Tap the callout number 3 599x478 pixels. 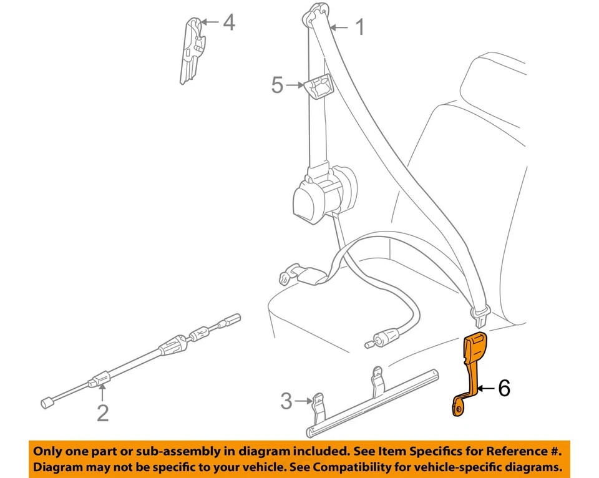coord(286,401)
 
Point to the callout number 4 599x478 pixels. coord(229,23)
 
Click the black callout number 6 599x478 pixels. coord(504,389)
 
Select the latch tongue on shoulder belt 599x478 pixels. coord(480,315)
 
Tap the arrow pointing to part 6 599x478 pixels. coord(486,389)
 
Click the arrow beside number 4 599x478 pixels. coord(211,22)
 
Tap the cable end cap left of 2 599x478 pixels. coord(46,403)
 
